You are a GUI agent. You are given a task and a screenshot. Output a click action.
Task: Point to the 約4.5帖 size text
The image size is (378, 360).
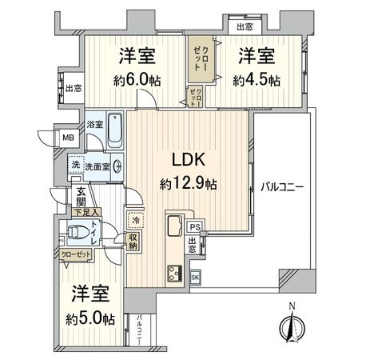click(256, 80)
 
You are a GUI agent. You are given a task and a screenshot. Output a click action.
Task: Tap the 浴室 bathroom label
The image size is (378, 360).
click(94, 126)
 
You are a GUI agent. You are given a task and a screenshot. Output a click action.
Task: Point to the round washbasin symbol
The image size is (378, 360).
click(118, 166)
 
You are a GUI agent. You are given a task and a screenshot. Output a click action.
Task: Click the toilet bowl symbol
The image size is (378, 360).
click(78, 233)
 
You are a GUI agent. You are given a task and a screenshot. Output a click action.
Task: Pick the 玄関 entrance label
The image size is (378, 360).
click(82, 196)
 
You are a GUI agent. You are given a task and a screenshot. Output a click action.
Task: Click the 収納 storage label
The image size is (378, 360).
click(134, 241)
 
